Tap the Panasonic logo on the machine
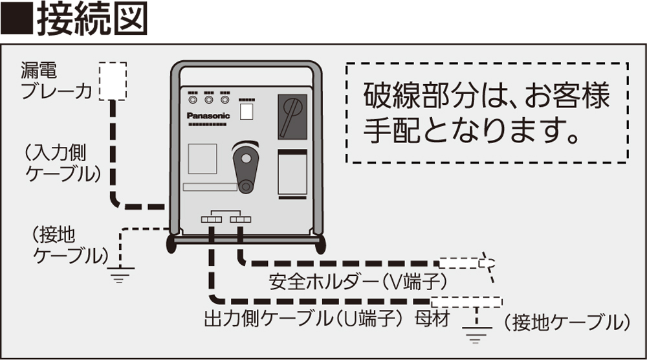coord(208,115)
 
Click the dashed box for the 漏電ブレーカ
coord(113,81)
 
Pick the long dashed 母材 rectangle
coord(466,301)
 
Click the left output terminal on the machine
coord(211,220)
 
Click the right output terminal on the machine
coord(239,220)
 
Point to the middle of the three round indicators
coord(208,100)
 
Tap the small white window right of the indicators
coord(247,111)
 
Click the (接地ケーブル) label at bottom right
coord(566,322)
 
